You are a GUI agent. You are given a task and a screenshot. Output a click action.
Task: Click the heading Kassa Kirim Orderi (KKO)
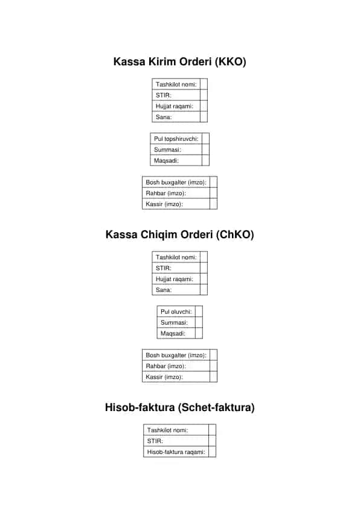coord(179,62)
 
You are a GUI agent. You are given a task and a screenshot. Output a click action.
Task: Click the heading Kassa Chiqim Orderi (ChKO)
coord(179,235)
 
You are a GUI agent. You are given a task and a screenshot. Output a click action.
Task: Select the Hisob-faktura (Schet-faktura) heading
coord(179,407)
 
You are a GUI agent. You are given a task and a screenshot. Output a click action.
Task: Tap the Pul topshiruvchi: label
coord(176,138)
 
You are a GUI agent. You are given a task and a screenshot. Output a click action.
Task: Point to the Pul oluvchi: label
coord(176,312)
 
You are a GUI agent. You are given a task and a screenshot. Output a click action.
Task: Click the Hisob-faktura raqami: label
coord(176,452)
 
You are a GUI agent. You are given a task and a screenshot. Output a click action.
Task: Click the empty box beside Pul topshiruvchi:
coord(205,138)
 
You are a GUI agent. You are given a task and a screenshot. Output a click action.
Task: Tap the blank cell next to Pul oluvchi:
coord(199,312)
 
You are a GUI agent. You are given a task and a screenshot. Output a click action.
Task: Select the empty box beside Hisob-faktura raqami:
coord(212,452)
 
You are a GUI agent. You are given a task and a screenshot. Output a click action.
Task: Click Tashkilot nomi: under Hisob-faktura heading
coord(167,430)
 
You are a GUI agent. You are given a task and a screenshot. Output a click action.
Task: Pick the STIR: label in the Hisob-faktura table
coord(155,441)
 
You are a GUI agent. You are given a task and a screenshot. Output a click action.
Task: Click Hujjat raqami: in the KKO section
coord(174,106)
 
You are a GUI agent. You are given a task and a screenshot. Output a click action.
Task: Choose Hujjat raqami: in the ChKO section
coord(174,279)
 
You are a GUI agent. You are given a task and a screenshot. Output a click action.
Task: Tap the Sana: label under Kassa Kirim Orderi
coord(164,117)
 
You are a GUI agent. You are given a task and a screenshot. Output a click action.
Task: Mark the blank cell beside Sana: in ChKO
coord(204,290)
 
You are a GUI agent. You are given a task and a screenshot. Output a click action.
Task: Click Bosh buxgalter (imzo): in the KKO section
coord(176,182)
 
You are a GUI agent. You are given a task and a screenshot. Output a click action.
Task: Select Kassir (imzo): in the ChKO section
coord(164,377)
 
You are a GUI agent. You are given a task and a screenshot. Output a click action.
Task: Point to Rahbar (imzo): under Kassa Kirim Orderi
coord(166,193)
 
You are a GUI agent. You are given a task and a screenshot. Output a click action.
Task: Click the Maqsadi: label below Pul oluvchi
coord(173,333)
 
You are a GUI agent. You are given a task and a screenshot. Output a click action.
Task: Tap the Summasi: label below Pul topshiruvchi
coord(167,150)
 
